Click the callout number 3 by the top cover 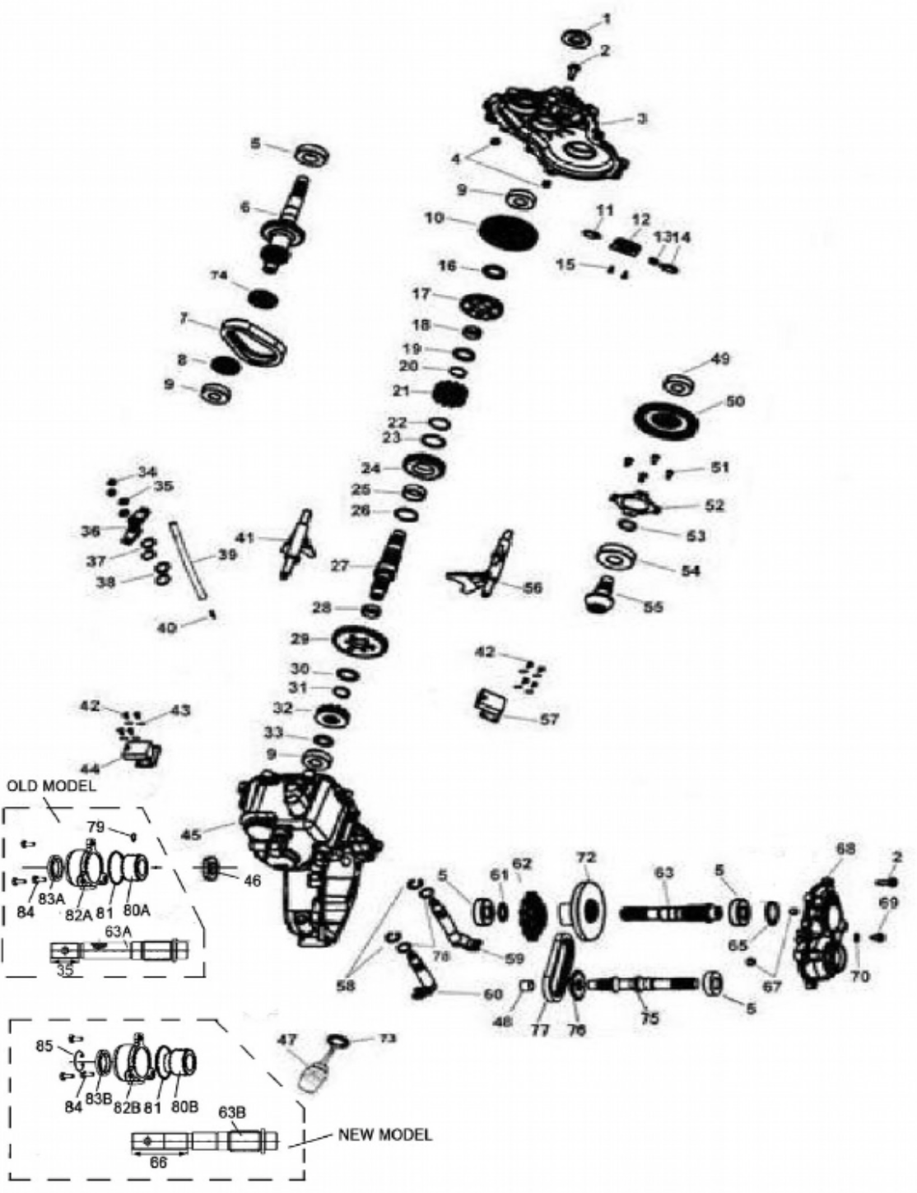tap(642, 118)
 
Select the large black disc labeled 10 tap(509, 227)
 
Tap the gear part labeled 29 tap(361, 640)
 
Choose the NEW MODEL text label tap(384, 1135)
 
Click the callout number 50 tap(735, 401)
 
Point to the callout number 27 tap(341, 565)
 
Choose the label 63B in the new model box tap(231, 1112)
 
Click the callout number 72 tap(585, 857)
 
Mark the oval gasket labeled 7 tap(254, 340)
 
